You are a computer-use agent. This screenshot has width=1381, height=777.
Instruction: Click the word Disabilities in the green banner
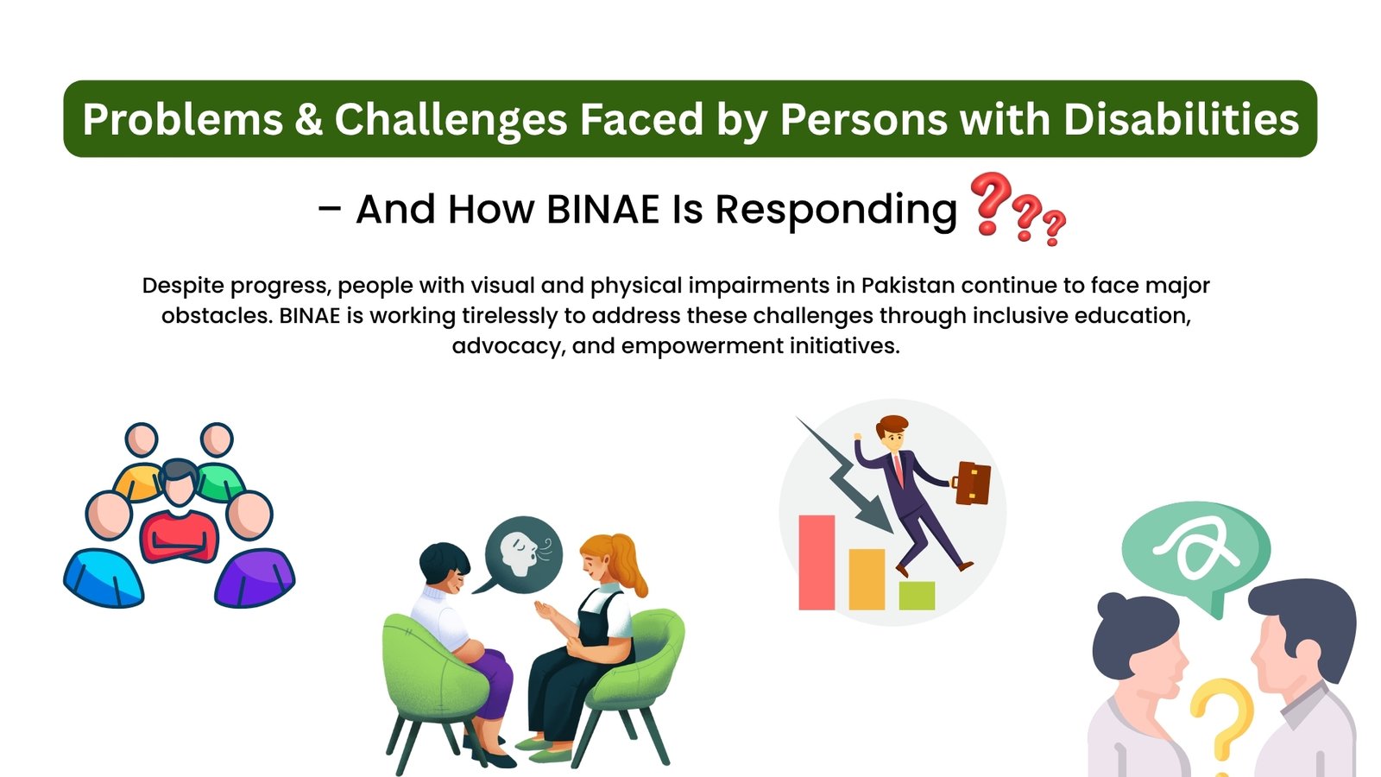tap(1182, 118)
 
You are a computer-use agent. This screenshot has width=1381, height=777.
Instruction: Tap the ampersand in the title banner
tap(308, 118)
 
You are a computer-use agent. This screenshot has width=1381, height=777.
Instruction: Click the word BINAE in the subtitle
tap(603, 209)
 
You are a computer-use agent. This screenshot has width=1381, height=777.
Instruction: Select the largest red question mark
tap(990, 204)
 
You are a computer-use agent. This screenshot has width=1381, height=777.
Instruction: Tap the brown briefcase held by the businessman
tap(971, 483)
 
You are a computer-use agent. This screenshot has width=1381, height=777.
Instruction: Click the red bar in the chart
tap(817, 562)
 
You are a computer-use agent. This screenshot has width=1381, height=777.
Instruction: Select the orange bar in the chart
tap(867, 579)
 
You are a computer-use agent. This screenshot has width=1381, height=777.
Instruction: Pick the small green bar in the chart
tap(917, 595)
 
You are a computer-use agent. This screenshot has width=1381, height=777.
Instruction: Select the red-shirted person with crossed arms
tap(179, 512)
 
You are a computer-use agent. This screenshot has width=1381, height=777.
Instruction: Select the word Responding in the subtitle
tap(836, 211)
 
